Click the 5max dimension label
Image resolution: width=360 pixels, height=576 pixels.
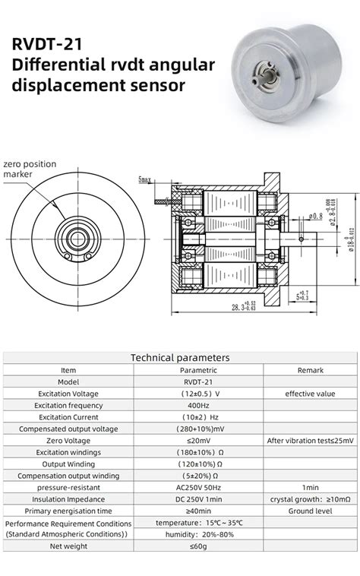[x=144, y=179]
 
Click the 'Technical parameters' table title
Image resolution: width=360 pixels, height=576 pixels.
[x=180, y=356]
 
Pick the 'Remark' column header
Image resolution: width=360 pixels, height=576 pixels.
[x=310, y=369]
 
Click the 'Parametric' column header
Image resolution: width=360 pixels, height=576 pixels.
[x=197, y=369]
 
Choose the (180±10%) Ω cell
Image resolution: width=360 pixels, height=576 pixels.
[x=197, y=452]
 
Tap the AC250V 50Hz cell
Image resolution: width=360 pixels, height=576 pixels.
[x=197, y=486]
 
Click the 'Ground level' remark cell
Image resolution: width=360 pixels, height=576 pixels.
[x=310, y=511]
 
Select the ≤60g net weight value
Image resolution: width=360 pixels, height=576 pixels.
[x=197, y=546]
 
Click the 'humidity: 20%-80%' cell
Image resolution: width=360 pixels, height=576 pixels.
[x=197, y=534]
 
